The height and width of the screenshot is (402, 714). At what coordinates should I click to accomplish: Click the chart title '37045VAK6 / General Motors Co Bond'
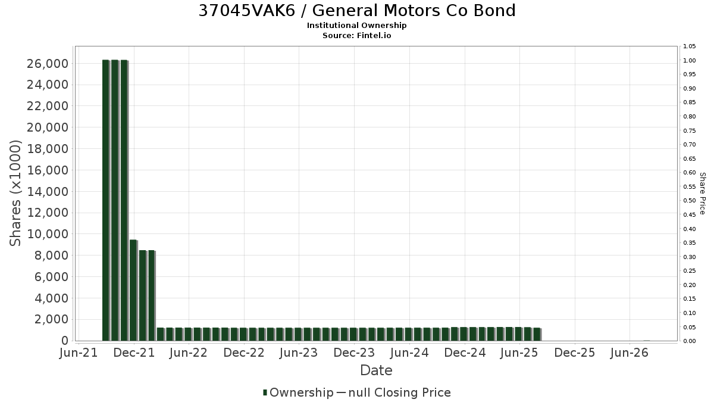point(357,11)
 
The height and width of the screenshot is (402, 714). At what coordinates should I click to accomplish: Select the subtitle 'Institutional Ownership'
point(356,26)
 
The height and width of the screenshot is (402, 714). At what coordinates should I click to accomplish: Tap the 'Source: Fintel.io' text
point(356,35)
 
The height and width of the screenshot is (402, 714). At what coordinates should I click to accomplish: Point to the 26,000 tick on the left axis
point(48,64)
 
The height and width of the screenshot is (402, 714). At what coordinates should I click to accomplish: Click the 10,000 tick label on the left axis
point(48,234)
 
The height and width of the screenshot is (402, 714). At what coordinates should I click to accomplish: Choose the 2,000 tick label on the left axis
point(51,319)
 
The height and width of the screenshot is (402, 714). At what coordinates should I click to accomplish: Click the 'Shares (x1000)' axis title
point(15,194)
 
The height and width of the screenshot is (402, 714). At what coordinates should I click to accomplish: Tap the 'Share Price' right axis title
point(702,194)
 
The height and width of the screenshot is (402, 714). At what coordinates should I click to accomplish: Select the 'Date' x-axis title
point(376,370)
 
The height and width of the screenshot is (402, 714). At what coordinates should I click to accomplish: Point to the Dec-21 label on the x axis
point(134,353)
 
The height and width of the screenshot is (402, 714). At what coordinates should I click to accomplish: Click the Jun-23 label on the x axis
point(299,353)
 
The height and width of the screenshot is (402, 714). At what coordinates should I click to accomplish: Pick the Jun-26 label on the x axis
point(630,353)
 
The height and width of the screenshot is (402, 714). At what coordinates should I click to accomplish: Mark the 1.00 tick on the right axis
point(690,61)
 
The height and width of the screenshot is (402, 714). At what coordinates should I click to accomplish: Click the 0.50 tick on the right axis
point(690,201)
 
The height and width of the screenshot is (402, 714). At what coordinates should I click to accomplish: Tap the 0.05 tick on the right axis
point(690,327)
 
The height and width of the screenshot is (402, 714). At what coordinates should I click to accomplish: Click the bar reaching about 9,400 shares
point(133,291)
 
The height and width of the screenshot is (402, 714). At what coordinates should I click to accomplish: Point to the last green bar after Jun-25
point(537,334)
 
